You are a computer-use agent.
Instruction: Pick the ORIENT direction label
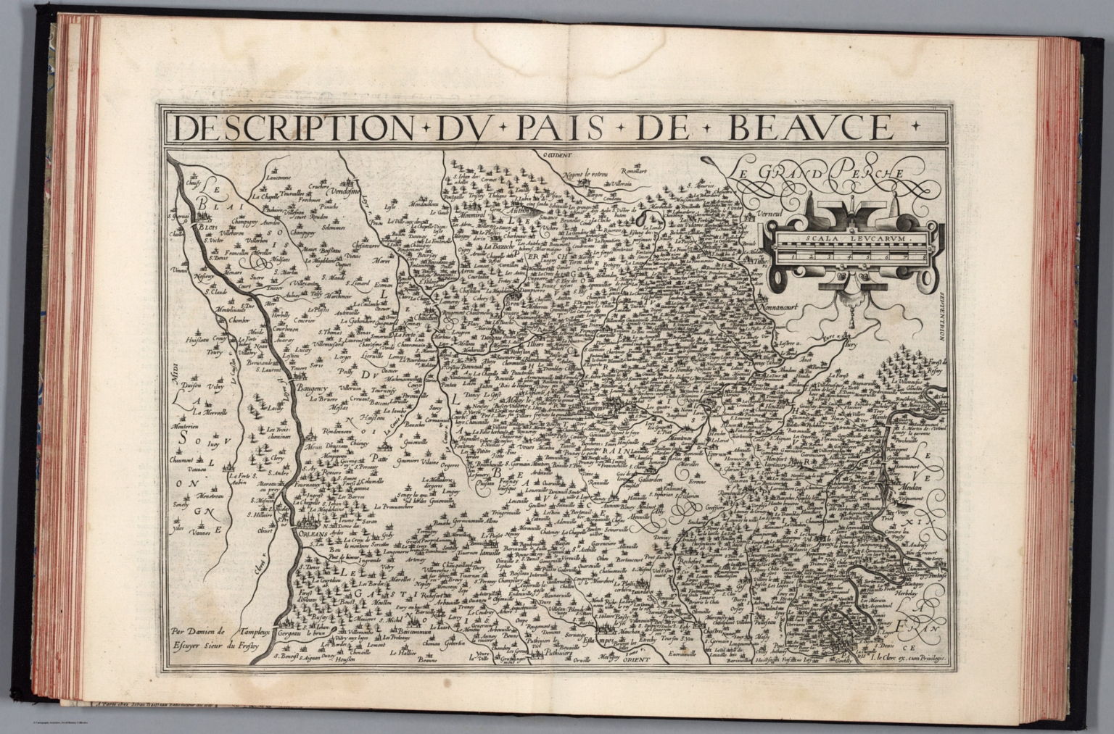tap(636, 660)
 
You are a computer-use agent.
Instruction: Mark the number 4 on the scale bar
tap(847, 256)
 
